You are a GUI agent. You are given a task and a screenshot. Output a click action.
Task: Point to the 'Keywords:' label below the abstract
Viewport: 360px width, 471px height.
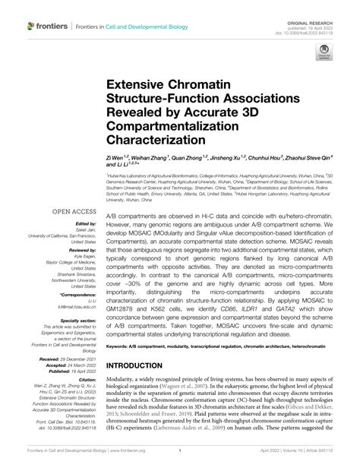(x=121, y=345)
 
